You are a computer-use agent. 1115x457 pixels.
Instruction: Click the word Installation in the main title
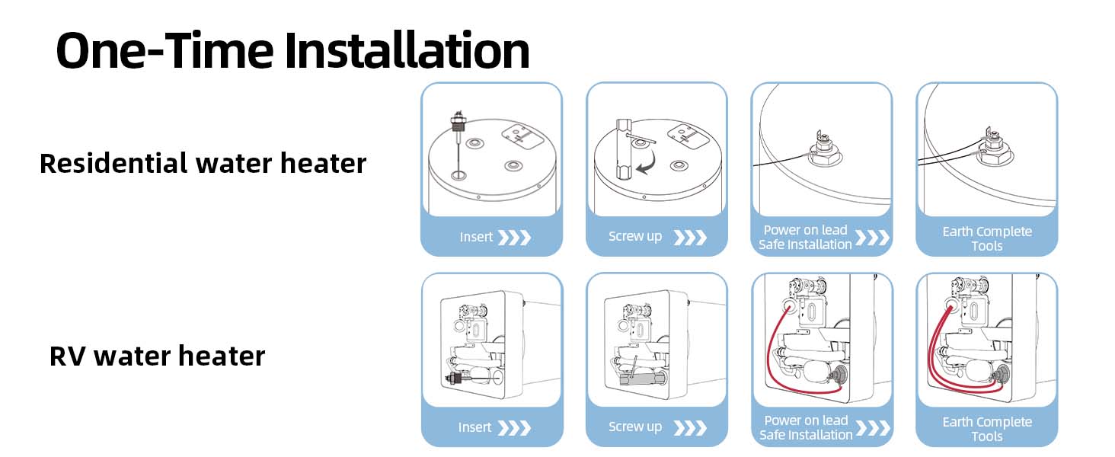tap(407, 50)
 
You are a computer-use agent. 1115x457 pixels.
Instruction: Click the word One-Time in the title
tap(165, 50)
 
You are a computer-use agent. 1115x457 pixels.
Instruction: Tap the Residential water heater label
tap(203, 163)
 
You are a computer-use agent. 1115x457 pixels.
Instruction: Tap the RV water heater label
tap(158, 356)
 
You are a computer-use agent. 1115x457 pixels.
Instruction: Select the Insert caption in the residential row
tap(476, 236)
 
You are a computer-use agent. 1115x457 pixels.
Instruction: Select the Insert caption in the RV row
tap(475, 427)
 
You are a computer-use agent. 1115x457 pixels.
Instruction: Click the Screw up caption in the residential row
tap(635, 236)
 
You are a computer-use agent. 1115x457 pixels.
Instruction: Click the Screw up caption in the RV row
tap(635, 427)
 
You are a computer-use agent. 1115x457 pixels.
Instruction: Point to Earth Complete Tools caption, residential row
tap(987, 238)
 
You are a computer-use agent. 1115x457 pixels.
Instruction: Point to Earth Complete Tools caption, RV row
tap(987, 429)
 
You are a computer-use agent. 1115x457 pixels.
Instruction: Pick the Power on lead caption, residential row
tap(805, 230)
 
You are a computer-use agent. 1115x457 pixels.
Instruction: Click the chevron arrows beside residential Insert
tap(515, 238)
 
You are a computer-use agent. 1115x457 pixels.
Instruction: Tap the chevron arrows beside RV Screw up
tap(690, 427)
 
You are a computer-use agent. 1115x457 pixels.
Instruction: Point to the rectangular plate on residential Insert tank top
tap(522, 136)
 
